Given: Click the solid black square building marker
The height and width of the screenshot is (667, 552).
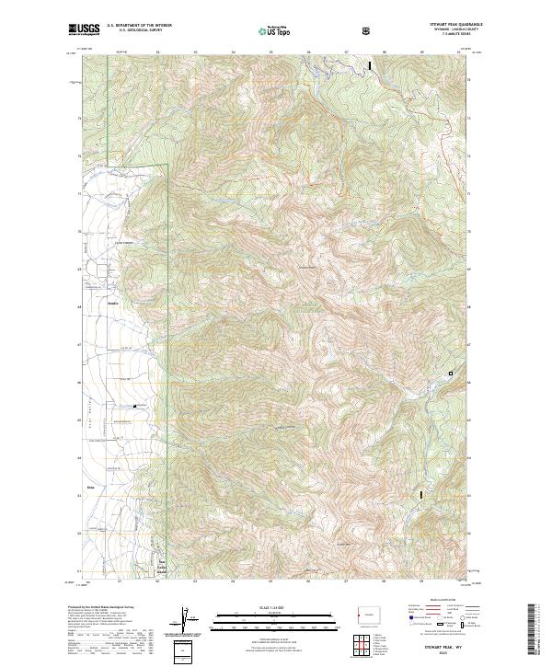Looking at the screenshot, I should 135,406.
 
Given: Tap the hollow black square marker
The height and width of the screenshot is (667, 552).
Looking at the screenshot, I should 451,373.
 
